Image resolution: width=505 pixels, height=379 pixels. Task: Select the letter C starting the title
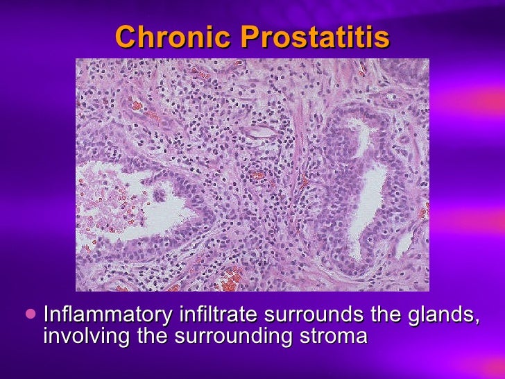pos(124,37)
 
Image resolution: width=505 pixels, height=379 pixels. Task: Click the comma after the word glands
pos(476,320)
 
